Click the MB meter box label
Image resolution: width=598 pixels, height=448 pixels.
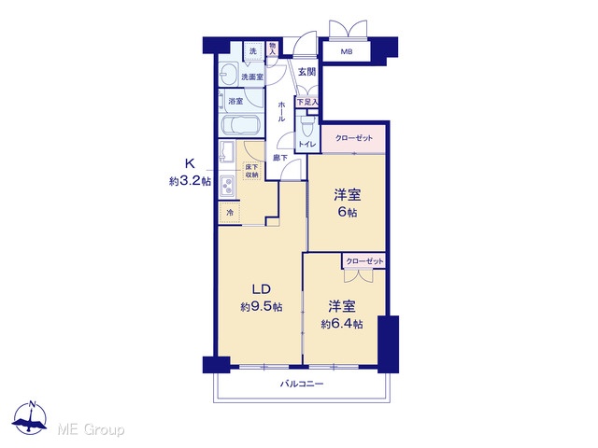point(347,52)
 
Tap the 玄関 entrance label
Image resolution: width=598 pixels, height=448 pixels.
point(306,71)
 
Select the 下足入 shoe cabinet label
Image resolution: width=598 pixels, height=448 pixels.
point(307,102)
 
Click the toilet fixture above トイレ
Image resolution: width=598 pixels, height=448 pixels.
point(307,128)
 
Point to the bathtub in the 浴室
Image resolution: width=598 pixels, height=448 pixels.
point(240,125)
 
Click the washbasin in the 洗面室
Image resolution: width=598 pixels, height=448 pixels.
point(229,74)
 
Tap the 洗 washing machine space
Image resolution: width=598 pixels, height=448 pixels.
point(253,51)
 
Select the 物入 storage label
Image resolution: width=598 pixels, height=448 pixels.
point(272,49)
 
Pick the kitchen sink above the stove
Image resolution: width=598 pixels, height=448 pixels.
point(227,152)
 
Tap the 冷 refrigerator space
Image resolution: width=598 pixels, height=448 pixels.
point(230,213)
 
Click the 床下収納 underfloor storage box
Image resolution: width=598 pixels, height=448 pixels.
point(251,171)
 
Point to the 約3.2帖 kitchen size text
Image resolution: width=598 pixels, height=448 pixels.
point(190,181)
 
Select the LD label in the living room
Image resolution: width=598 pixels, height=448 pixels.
point(262,289)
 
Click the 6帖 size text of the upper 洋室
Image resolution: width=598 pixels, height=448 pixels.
point(348,212)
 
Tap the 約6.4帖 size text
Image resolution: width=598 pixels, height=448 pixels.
point(342,324)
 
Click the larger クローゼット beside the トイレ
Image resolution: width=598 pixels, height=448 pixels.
point(353,138)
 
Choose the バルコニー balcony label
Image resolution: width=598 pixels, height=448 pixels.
point(302,384)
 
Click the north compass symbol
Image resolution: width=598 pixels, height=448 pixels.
point(30,418)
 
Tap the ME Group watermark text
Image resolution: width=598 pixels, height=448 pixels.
point(91,429)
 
